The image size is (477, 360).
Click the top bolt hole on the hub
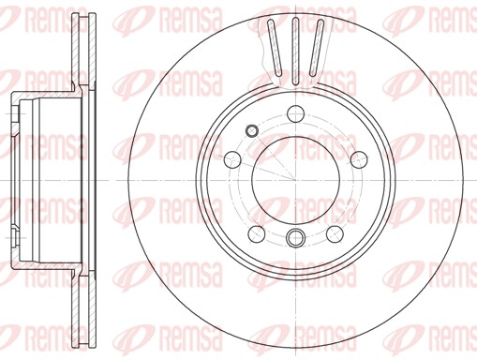tap(295, 114)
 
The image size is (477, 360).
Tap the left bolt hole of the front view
tap(232, 159)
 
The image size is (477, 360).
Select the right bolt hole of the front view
tap(358, 159)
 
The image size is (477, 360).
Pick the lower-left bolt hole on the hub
tap(257, 233)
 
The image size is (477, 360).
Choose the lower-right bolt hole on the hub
tap(335, 233)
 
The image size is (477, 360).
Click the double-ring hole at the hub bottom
tap(295, 237)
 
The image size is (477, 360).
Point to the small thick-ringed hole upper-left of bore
tap(251, 130)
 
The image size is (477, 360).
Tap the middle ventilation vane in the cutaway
tap(295, 51)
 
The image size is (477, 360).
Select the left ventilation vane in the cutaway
tap(275, 48)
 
